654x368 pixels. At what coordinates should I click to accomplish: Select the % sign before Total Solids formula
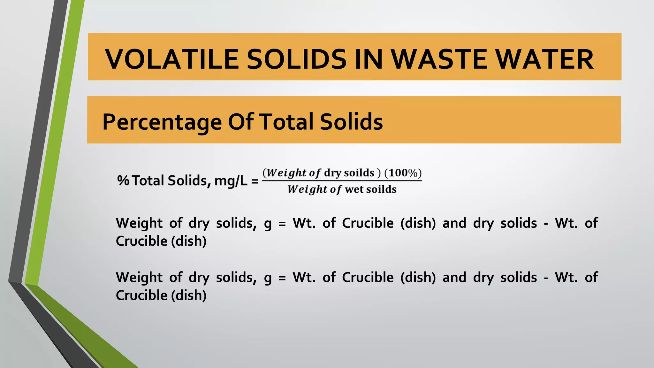pyautogui.click(x=123, y=180)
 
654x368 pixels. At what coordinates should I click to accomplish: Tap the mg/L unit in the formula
pyautogui.click(x=231, y=181)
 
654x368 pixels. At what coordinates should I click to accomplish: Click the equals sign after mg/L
pyautogui.click(x=255, y=181)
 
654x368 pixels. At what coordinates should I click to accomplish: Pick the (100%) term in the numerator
pyautogui.click(x=403, y=173)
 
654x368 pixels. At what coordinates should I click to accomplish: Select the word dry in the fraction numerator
pyautogui.click(x=332, y=173)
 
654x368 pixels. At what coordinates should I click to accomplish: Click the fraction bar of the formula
pyautogui.click(x=342, y=181)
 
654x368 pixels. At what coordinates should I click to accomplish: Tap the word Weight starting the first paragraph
pyautogui.click(x=139, y=223)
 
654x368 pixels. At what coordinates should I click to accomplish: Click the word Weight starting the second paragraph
pyautogui.click(x=139, y=277)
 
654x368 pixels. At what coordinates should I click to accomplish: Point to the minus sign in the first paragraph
pyautogui.click(x=546, y=224)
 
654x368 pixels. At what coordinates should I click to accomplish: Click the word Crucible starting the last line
pyautogui.click(x=141, y=295)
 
